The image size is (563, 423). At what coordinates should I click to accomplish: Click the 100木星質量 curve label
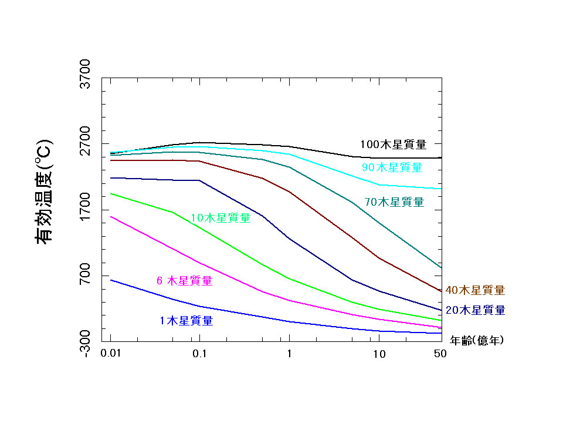click(x=393, y=144)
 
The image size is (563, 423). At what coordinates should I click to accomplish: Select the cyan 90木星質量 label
click(x=392, y=167)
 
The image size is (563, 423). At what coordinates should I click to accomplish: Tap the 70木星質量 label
click(x=394, y=202)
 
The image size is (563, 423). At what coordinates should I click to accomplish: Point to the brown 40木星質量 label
click(x=475, y=290)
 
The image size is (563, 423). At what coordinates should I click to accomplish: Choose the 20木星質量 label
click(x=475, y=310)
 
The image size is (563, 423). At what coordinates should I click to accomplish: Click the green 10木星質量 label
click(x=221, y=218)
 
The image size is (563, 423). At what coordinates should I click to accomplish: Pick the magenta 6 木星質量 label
click(x=184, y=281)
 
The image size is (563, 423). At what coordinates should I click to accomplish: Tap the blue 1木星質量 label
click(x=186, y=321)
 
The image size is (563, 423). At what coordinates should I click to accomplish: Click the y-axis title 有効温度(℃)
click(x=45, y=191)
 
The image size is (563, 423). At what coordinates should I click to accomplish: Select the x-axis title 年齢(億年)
click(x=476, y=340)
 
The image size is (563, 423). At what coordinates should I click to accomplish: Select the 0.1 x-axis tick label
click(x=199, y=354)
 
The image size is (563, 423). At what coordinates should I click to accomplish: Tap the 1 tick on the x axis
click(x=289, y=354)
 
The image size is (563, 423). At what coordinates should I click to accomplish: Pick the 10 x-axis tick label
click(x=379, y=354)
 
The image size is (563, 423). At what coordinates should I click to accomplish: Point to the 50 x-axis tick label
click(x=440, y=354)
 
